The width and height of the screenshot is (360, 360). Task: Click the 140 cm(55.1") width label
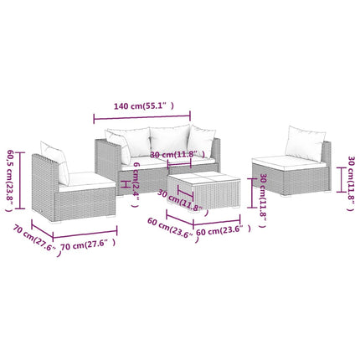(144, 106)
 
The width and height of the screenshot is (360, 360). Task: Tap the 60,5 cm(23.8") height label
(10, 181)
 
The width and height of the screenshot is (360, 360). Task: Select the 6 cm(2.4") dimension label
(136, 185)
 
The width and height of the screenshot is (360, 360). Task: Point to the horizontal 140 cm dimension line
(142, 116)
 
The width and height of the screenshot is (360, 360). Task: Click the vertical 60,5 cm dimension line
(19, 180)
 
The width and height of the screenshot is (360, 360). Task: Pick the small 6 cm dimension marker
(126, 184)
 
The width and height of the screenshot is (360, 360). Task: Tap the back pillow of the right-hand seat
(306, 143)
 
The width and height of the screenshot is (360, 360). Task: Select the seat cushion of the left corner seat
(87, 182)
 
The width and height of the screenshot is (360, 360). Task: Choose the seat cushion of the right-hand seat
(289, 162)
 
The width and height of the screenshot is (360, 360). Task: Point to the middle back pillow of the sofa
(169, 141)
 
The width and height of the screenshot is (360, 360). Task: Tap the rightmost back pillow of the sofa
(201, 141)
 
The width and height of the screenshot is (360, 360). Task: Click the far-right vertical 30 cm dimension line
(341, 180)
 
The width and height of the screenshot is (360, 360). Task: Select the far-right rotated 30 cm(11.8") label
(351, 183)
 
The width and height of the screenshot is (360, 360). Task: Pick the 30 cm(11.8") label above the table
(177, 154)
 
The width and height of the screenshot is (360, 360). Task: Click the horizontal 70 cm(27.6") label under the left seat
(88, 244)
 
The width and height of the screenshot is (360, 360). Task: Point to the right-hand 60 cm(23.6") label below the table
(224, 230)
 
